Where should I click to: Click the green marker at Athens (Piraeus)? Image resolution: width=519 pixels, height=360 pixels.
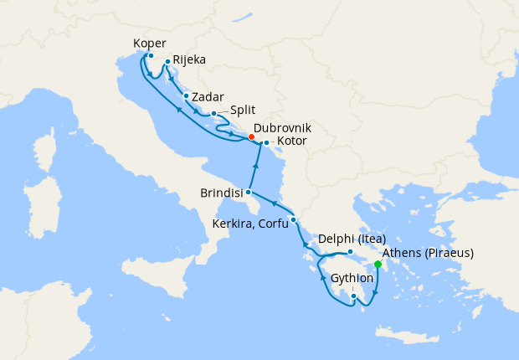tap(378, 265)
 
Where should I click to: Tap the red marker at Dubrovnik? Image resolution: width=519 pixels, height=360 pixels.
tap(252, 137)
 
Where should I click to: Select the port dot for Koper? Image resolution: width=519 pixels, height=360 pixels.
tap(151, 56)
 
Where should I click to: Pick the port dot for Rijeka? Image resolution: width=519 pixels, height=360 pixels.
tap(167, 61)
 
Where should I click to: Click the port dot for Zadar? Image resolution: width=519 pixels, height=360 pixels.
tap(186, 95)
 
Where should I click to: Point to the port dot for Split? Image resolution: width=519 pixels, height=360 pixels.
tap(214, 113)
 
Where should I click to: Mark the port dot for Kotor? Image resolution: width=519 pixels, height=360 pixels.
tap(266, 142)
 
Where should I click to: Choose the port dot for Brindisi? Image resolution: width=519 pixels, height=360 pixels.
tap(248, 193)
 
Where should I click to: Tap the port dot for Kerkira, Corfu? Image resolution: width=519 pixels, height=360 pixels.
tap(293, 219)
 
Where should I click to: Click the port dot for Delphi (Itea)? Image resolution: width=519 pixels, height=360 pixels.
tap(351, 252)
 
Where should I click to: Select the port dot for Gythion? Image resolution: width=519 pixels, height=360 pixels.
tap(354, 296)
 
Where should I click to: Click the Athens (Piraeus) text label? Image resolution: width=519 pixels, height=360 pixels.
tap(428, 253)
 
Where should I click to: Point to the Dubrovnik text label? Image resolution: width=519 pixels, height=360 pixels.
tap(282, 127)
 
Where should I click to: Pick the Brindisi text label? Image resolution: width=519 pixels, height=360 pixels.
tap(222, 193)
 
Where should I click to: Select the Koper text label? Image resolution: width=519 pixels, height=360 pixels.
tap(150, 44)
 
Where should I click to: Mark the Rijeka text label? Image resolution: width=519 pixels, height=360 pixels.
tap(190, 60)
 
